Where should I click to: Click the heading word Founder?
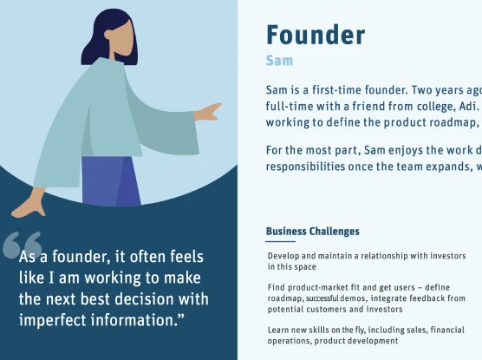pyautogui.click(x=316, y=35)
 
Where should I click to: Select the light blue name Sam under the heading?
pyautogui.click(x=279, y=61)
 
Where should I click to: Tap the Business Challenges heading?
pyautogui.click(x=313, y=231)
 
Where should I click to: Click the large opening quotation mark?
pyautogui.click(x=23, y=245)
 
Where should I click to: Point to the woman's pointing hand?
pyautogui.click(x=208, y=112)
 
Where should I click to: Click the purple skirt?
pyautogui.click(x=111, y=181)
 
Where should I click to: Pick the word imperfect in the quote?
pyautogui.click(x=52, y=320)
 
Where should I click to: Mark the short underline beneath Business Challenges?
pyautogui.click(x=281, y=241)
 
